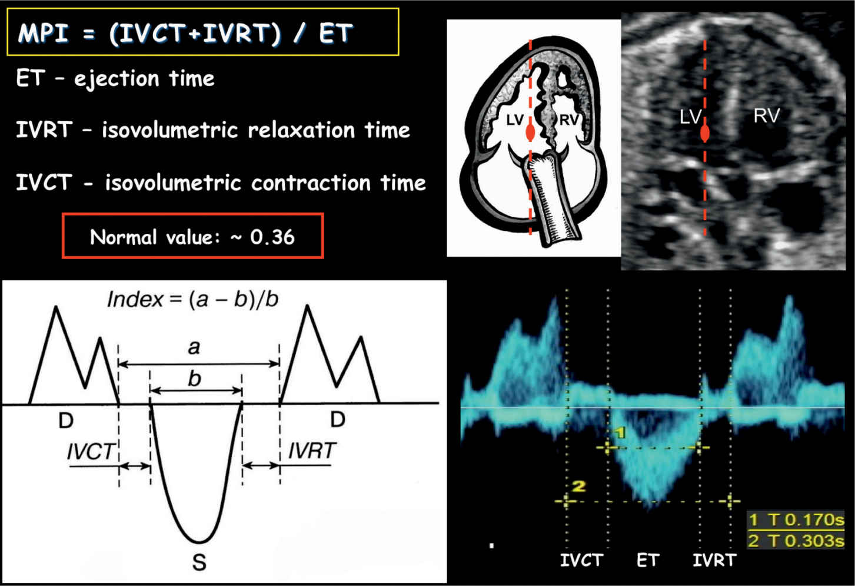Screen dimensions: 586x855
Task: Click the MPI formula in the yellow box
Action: coord(185,33)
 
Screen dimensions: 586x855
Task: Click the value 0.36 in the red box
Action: coord(272,237)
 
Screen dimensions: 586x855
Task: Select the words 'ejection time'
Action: coord(144,79)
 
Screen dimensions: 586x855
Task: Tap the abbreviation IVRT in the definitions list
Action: coord(44,130)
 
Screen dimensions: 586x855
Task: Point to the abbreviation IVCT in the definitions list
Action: coord(44,183)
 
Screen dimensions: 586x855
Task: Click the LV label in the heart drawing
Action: coord(514,120)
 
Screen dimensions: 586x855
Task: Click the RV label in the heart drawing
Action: coord(568,120)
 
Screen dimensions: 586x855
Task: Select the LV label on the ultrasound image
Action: coord(690,117)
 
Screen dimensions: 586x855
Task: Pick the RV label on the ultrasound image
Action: coord(766,116)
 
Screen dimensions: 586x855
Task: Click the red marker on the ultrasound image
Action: coord(705,134)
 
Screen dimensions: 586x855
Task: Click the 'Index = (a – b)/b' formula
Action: coord(192,300)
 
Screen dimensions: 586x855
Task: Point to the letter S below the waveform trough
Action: coord(199,563)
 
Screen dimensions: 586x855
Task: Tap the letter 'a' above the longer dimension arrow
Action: coord(194,347)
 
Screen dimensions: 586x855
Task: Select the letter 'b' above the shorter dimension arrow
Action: coord(195,379)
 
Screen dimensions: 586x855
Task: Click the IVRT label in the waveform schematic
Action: coord(312,451)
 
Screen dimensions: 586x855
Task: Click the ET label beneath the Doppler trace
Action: coord(648,559)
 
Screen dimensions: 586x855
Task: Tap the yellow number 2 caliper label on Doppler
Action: coord(579,486)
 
